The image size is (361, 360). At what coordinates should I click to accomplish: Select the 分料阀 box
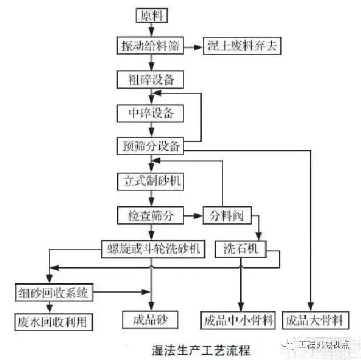pyautogui.click(x=227, y=215)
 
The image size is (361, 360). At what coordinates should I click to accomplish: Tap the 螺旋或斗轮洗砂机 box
pyautogui.click(x=151, y=248)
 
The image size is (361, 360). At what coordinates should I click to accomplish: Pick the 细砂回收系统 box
pyautogui.click(x=52, y=294)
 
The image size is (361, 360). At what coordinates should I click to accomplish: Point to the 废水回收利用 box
pyautogui.click(x=52, y=321)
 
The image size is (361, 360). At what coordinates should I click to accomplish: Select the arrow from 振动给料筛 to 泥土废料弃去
pyautogui.click(x=194, y=46)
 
